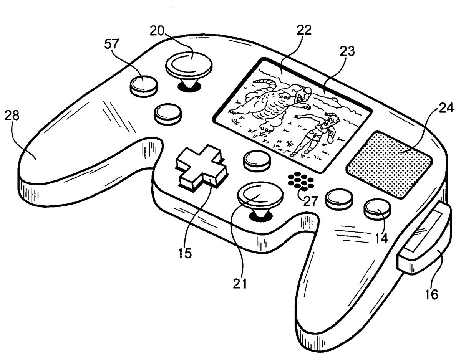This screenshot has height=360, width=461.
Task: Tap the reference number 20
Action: coord(157,31)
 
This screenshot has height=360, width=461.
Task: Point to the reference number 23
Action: coord(347,51)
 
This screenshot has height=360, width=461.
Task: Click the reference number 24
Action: coord(446,107)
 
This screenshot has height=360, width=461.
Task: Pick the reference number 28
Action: coord(12,116)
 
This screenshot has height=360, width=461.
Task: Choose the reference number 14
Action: coord(381,238)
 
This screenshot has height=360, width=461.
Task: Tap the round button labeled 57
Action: coord(144,86)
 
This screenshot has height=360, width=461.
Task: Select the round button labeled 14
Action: coord(378,209)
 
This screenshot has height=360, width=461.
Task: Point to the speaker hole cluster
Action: coord(301,182)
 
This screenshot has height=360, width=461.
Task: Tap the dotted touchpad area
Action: coord(389,165)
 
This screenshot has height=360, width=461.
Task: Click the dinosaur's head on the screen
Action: coord(301,93)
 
